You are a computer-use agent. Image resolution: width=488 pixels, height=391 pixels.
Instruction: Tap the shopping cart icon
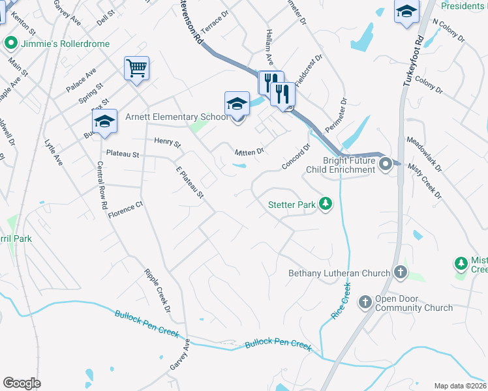pyautogui.click(x=137, y=68)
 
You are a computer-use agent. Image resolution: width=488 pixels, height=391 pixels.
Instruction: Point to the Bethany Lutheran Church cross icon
pyautogui.click(x=401, y=273)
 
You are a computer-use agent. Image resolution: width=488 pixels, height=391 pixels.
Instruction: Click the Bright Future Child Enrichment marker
pyautogui.click(x=385, y=164)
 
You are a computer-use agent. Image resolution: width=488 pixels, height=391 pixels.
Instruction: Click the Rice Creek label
pyautogui.click(x=341, y=300)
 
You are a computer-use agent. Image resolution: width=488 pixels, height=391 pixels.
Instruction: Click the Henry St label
pyautogui.click(x=167, y=141)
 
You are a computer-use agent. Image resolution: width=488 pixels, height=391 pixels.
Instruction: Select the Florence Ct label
pyautogui.click(x=125, y=210)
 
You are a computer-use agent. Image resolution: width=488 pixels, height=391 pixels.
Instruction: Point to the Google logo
pyautogui.click(x=22, y=383)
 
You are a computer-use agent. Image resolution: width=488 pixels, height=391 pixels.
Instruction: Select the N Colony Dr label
pyautogui.click(x=449, y=29)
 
